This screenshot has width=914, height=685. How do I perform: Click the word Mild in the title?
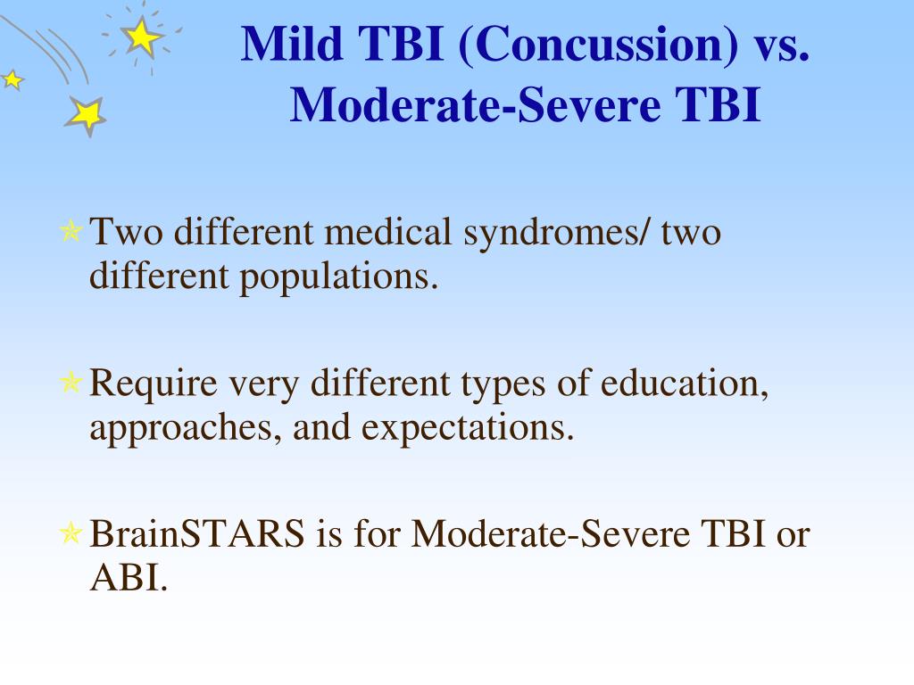point(292,44)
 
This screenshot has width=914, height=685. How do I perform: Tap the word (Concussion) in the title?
point(599,45)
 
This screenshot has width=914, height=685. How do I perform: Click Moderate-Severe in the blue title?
point(475,105)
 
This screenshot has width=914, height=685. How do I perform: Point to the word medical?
point(387,231)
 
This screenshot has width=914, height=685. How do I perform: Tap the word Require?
point(154,385)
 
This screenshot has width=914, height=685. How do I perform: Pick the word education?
point(684,384)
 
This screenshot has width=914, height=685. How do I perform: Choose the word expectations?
point(468,429)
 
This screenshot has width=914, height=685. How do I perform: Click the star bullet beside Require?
point(71,382)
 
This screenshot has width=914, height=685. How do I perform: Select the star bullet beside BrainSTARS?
point(71,532)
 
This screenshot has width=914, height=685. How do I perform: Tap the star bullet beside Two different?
point(71,231)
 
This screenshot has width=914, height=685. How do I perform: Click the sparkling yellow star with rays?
point(142,37)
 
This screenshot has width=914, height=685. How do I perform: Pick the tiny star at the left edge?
point(12,79)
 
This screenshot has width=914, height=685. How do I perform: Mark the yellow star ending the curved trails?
point(87,115)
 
